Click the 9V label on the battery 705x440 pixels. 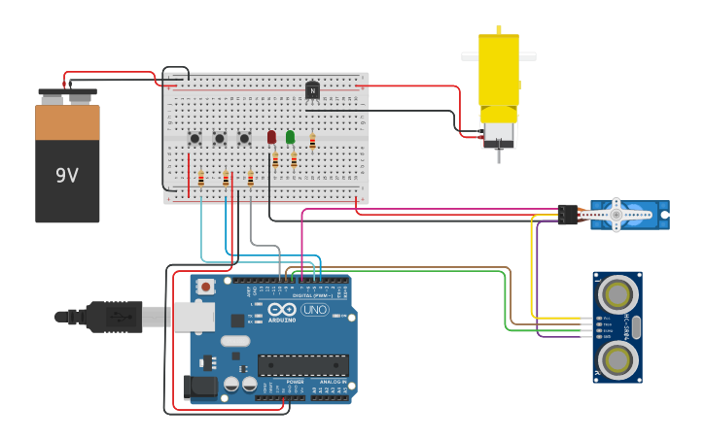pos(66,176)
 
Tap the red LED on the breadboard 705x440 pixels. pos(272,137)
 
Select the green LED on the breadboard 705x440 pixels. pos(290,137)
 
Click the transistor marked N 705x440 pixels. pos(312,90)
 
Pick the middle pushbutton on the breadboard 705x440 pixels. pos(220,139)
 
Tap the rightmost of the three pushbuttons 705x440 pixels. pos(244,139)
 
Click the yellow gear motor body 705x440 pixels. pos(498,70)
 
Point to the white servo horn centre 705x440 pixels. pos(616,214)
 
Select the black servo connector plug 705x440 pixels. pos(568,215)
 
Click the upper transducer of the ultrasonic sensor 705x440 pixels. pos(617,292)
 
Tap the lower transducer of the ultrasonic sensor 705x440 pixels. pos(617,360)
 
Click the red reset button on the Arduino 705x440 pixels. pos(206,287)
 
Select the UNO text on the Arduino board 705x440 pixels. pos(315,310)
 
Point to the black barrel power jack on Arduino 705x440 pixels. pos(201,387)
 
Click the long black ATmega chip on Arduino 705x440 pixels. pos(302,365)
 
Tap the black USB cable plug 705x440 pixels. pos(113,316)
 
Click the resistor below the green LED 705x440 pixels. pos(294,160)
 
